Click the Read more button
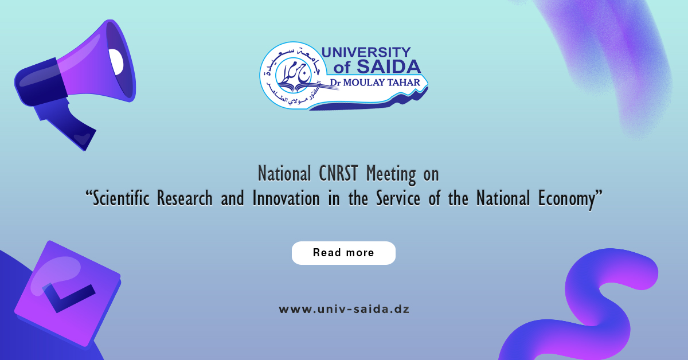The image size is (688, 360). click(343, 253)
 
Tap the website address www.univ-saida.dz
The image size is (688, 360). click(343, 310)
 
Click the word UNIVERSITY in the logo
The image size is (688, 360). click(365, 53)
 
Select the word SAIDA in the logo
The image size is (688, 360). click(388, 68)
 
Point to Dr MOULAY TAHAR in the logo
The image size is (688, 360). click(378, 84)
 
